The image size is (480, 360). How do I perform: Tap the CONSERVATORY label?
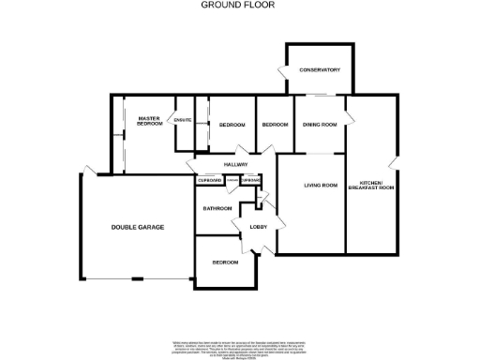coord(319,70)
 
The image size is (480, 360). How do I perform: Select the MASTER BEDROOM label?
coord(150,120)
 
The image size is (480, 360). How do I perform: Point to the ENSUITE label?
coord(184,120)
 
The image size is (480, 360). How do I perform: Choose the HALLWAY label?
coord(234,165)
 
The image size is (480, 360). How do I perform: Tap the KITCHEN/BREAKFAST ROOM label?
coord(370,186)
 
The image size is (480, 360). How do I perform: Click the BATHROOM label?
coord(217,207)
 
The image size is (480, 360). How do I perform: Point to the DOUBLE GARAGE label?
coord(134,227)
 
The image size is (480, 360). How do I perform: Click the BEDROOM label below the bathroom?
coord(225,262)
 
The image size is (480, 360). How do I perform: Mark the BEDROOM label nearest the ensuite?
coord(232,125)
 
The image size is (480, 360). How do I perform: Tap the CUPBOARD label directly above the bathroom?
coord(209,180)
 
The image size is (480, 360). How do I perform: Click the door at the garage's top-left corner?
coord(86,171)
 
